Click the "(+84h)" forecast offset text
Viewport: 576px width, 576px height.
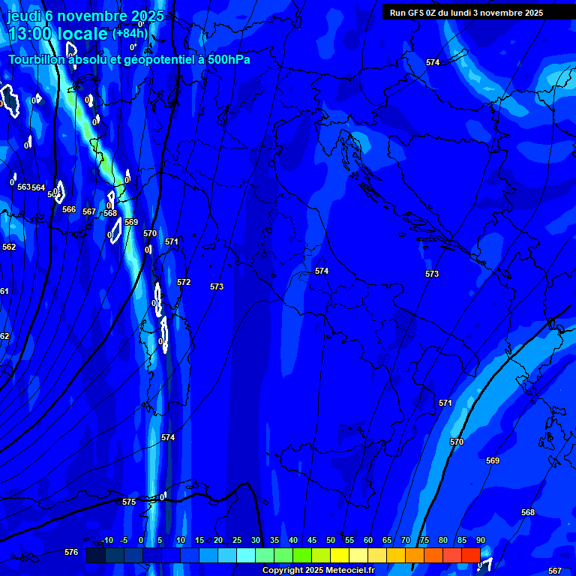tap(130, 33)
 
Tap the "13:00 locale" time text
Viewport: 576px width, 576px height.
tap(58, 34)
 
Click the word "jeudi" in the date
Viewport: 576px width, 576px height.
tap(24, 16)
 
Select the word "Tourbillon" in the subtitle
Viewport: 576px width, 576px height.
tap(38, 59)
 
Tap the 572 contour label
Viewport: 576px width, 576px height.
tap(184, 283)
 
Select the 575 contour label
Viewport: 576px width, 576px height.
tap(129, 502)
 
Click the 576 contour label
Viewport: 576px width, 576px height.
tap(71, 553)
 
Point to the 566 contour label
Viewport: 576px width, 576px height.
tap(69, 210)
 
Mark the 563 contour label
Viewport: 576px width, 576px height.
tap(23, 187)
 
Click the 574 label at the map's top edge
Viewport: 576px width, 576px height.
tap(433, 62)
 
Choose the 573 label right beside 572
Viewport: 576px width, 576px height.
tap(217, 287)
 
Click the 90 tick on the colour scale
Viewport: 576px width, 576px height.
tap(480, 541)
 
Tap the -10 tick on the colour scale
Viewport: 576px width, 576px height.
tap(106, 541)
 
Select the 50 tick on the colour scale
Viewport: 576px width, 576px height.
tap(330, 541)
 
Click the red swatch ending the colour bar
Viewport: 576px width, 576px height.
tap(470, 555)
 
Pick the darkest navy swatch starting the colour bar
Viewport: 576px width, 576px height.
tap(95, 555)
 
